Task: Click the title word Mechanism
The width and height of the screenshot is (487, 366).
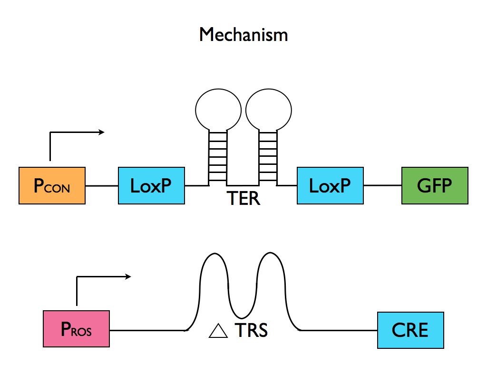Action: pos(243,35)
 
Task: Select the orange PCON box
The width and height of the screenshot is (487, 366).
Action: pos(52,185)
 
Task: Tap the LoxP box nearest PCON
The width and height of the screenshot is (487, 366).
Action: pos(151,185)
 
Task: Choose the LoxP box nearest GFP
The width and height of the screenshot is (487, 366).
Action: pos(330,185)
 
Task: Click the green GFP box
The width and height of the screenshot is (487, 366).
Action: pos(435,185)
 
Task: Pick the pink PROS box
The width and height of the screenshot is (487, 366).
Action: pos(76,329)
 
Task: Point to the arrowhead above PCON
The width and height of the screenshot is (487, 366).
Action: pos(101,132)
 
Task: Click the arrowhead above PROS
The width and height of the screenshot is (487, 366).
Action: pos(128,276)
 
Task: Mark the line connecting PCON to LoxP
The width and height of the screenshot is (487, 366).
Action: pos(102,185)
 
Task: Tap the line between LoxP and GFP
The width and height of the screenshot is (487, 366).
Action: pos(382,185)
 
